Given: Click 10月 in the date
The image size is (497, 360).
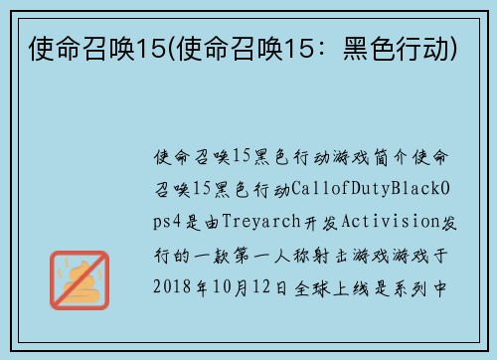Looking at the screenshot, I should click(x=241, y=286).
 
